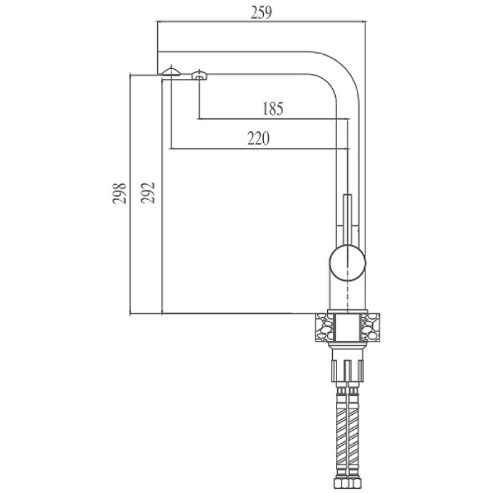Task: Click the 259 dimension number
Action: [261, 13]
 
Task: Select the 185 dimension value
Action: [273, 108]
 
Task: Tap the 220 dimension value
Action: [258, 139]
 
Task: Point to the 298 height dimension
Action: [120, 194]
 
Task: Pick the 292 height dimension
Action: [148, 193]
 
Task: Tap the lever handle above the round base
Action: [348, 220]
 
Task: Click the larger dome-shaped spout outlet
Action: [171, 71]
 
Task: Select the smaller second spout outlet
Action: [199, 75]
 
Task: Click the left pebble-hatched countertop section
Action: [325, 327]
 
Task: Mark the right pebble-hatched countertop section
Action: [370, 327]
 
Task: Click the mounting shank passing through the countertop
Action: [348, 328]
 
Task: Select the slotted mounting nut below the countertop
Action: [348, 371]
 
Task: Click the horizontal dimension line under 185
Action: [274, 119]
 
